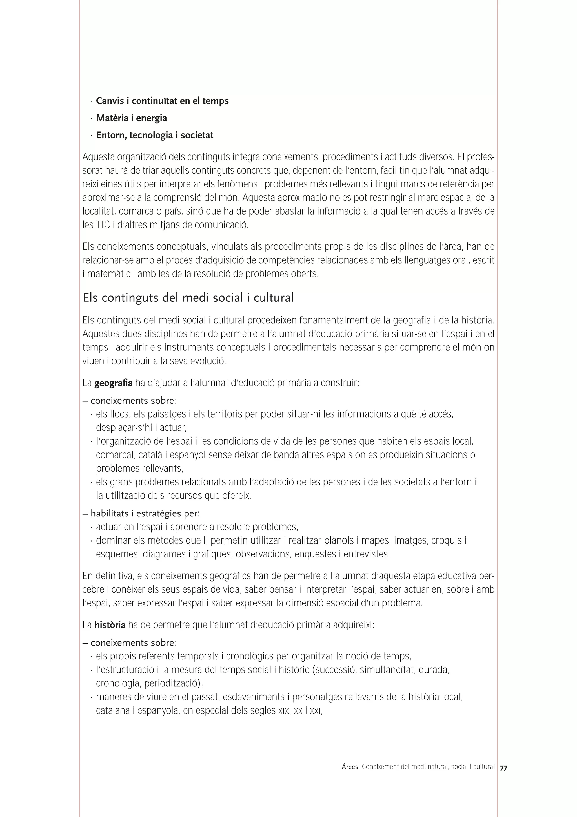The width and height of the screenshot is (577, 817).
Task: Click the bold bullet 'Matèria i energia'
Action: [x=131, y=118]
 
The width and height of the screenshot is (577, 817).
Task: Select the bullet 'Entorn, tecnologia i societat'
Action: [x=154, y=135]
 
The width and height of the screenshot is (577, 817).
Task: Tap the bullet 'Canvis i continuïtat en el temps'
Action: [x=162, y=101]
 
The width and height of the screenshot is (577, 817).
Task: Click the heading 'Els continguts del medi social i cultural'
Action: [x=188, y=297]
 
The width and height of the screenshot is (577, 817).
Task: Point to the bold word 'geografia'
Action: [x=113, y=383]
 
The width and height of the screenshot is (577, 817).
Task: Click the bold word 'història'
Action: [x=110, y=625]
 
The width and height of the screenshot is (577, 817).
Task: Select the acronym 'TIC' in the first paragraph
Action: [x=100, y=225]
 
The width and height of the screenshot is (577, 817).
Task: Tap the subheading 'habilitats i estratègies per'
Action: [x=144, y=513]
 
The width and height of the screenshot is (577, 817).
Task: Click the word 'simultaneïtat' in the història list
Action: [x=387, y=670]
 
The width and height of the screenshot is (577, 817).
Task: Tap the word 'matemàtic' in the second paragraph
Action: [x=107, y=274]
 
